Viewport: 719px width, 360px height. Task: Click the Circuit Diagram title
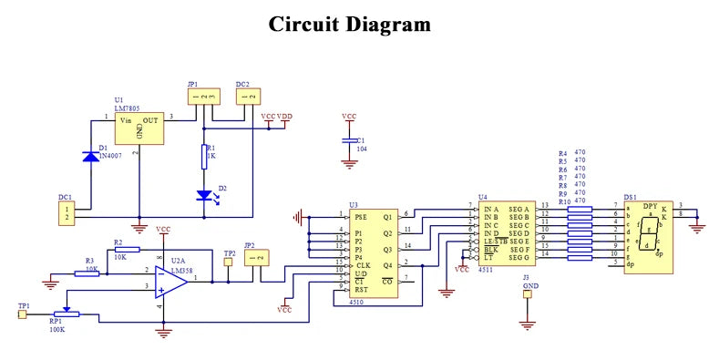pyautogui.click(x=349, y=24)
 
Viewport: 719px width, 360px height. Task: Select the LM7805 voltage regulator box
pyautogui.click(x=139, y=129)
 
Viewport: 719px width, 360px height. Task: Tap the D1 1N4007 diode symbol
pyautogui.click(x=89, y=156)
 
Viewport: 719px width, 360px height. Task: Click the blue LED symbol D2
pyautogui.click(x=205, y=195)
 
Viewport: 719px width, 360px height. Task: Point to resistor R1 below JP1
pyautogui.click(x=205, y=157)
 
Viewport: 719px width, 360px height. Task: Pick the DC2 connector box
pyautogui.click(x=247, y=96)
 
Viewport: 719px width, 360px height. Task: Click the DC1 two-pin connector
pyautogui.click(x=66, y=213)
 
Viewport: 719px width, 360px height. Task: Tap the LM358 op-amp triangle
pyautogui.click(x=170, y=281)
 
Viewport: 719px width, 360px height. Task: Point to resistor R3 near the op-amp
pyautogui.click(x=87, y=272)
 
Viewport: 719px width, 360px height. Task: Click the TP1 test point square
pyautogui.click(x=23, y=314)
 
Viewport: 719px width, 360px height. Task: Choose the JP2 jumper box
pyautogui.click(x=257, y=259)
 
